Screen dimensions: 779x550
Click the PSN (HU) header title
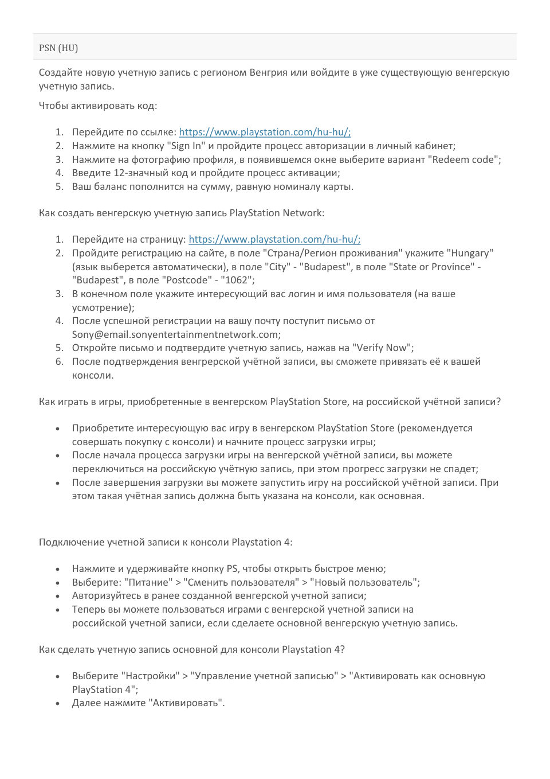58,48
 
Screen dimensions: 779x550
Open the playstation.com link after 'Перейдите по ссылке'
265,132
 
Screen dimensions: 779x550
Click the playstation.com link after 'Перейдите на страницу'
274,239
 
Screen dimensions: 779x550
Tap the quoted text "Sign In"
186,146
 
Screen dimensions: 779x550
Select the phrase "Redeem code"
465,159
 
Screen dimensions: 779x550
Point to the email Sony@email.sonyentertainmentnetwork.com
176,334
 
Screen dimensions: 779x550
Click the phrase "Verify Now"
382,348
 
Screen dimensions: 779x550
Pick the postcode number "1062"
236,280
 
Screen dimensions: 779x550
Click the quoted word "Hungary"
470,253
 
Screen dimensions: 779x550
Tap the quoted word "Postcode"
187,280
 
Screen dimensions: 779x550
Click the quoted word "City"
278,267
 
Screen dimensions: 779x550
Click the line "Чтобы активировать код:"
98,106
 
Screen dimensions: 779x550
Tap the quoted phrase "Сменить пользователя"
241,582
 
